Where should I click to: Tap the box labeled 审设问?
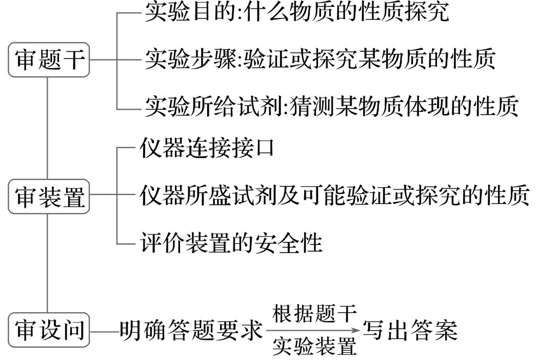[x=49, y=330]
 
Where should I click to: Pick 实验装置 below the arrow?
[x=314, y=348]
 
